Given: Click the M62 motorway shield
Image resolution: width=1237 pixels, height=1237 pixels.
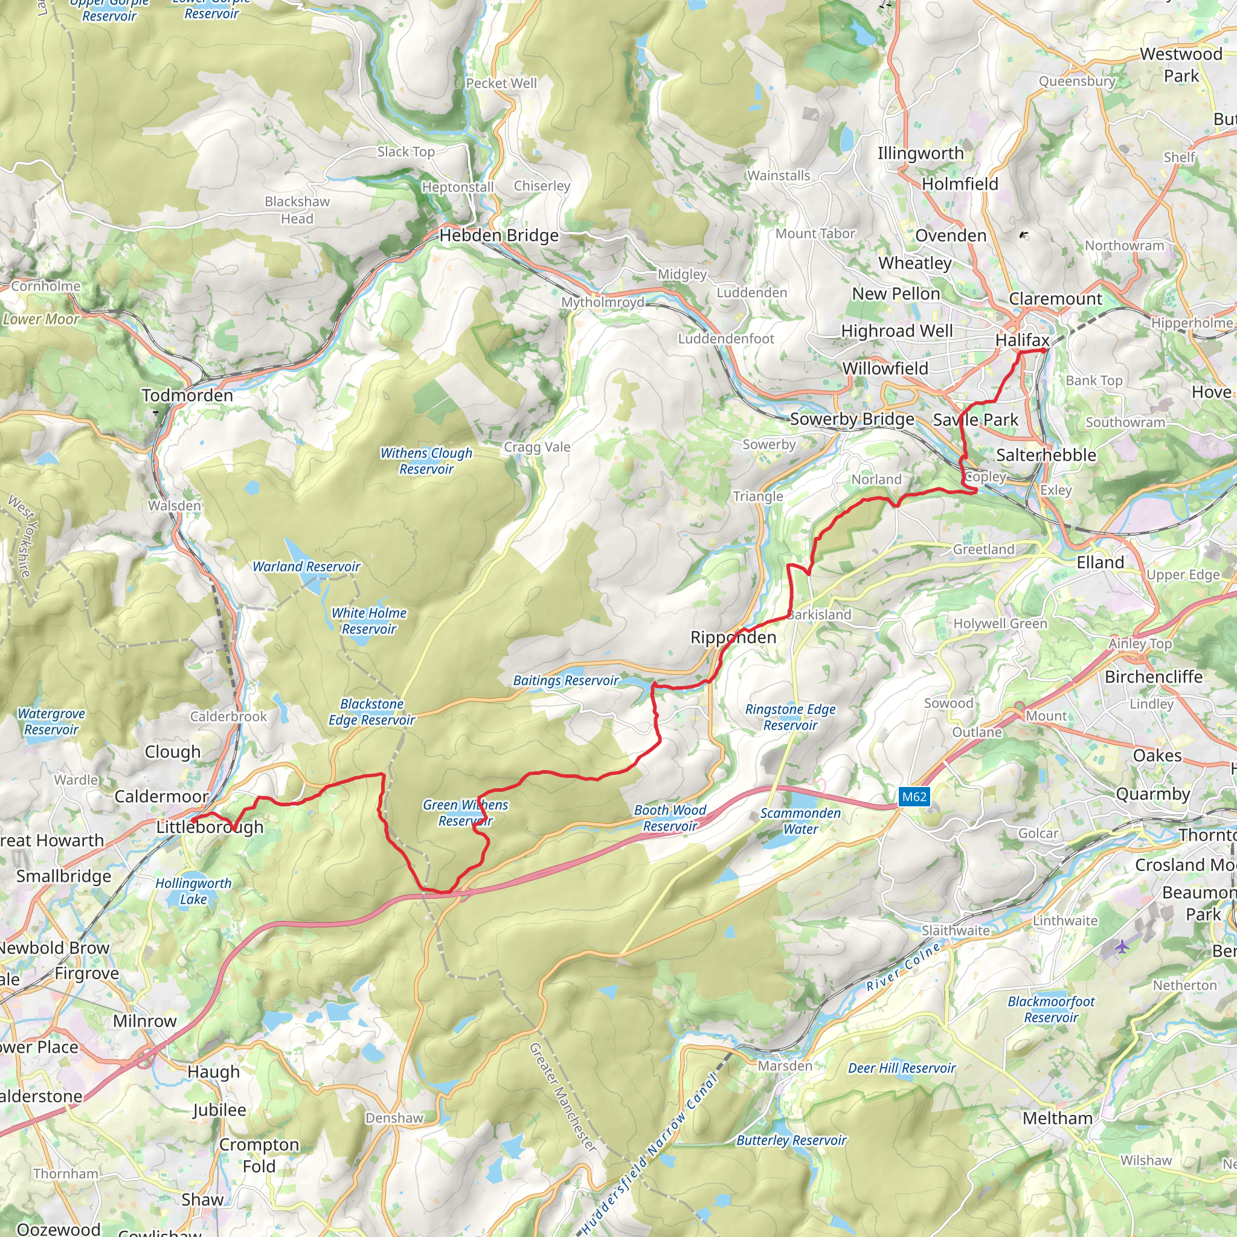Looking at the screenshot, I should click(914, 797).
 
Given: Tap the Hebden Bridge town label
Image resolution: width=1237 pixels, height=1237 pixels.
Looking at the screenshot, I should click(499, 236).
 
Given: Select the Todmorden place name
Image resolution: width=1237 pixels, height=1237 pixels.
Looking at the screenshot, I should click(187, 395).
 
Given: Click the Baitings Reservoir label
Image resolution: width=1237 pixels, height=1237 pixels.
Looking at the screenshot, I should click(566, 681).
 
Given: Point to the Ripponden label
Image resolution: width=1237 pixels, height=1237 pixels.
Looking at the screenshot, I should click(733, 637).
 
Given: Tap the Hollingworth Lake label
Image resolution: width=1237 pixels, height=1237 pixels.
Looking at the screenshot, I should click(193, 891).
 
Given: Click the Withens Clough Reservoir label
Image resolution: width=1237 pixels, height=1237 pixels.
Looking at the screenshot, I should click(426, 461).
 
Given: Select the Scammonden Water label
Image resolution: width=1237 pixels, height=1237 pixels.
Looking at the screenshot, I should click(800, 821).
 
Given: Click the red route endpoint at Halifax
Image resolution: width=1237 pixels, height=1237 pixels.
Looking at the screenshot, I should click(1044, 350).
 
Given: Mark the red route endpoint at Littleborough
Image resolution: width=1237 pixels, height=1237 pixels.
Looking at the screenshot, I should click(193, 819).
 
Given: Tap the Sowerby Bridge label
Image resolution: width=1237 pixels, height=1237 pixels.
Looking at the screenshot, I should click(852, 419).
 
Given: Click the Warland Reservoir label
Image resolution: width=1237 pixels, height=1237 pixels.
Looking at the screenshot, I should click(306, 567).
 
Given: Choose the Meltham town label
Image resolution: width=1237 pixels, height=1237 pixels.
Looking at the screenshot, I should click(1057, 1118).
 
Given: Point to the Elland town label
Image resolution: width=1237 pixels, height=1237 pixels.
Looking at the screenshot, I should click(1100, 562).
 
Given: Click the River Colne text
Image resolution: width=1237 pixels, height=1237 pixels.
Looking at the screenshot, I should click(904, 967).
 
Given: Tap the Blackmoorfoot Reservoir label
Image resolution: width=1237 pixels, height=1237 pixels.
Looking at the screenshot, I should click(1051, 1009).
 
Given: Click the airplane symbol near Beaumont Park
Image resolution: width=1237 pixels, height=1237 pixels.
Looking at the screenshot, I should click(1122, 946).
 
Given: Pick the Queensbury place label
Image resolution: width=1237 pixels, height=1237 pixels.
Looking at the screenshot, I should click(1076, 82).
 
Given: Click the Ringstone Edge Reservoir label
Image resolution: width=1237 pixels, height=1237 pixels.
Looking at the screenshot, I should click(790, 717).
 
